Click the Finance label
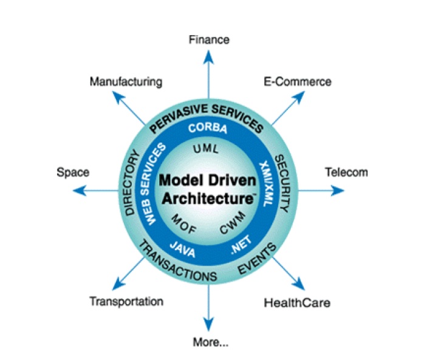[209, 39]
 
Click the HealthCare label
[297, 302]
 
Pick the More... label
[210, 342]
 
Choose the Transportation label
[126, 301]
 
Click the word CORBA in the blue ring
[208, 128]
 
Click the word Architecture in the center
[206, 198]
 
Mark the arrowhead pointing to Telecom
[338, 190]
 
